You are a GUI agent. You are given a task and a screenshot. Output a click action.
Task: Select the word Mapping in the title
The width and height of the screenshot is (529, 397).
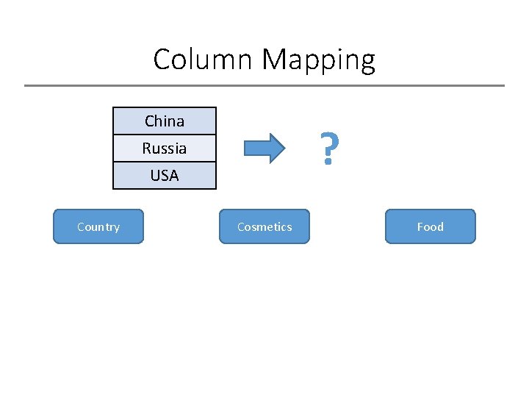320,60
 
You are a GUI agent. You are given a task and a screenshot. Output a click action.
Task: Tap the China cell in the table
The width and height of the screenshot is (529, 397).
165,121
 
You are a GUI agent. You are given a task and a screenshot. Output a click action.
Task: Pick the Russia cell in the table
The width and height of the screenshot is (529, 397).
165,148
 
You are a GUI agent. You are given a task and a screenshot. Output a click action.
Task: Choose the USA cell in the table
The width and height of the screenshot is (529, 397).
165,176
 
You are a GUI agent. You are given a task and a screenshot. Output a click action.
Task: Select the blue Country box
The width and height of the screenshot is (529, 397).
98,226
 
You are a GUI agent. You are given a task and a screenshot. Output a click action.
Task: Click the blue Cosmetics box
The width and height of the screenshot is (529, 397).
264,226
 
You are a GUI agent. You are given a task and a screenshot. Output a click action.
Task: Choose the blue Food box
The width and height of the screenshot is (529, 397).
431,226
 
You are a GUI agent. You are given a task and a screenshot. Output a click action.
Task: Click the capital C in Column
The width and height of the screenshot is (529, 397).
162,60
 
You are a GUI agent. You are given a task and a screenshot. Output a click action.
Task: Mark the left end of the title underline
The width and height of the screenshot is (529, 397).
26,86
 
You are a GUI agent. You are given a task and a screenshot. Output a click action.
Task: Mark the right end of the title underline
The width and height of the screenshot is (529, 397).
504,86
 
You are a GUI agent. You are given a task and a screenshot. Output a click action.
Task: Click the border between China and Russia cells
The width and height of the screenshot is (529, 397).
165,135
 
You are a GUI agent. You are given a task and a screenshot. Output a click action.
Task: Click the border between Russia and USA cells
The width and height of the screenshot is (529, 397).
165,162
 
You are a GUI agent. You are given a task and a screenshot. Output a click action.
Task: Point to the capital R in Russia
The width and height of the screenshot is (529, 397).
146,149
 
